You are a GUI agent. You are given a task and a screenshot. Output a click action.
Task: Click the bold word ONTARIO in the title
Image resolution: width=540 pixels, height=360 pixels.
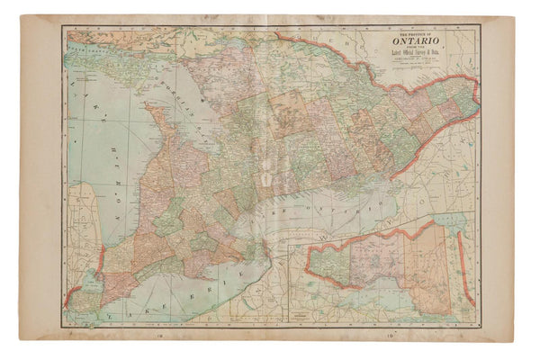421,40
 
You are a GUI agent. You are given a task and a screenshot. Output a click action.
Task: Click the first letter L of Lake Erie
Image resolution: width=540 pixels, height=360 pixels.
106,314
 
